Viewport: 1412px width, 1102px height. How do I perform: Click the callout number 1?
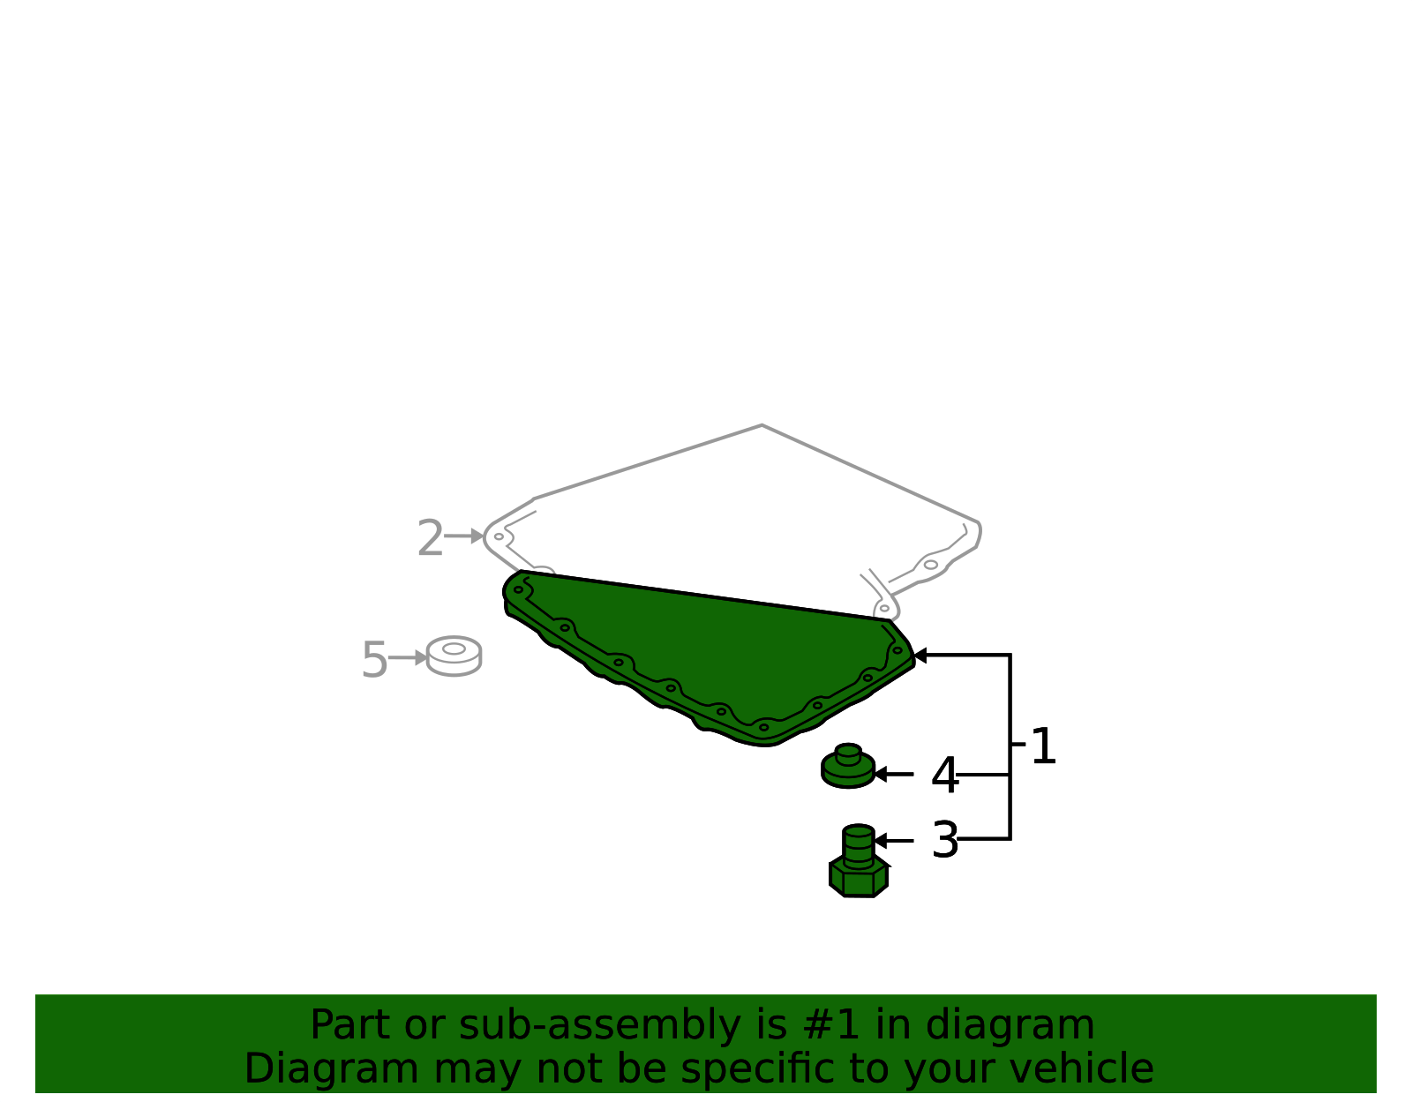tap(1044, 746)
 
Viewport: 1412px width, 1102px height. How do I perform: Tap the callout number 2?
tap(430, 537)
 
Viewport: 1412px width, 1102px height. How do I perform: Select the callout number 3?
tap(945, 840)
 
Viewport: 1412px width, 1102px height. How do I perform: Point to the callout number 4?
tap(945, 776)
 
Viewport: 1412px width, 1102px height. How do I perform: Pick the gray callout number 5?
tap(374, 660)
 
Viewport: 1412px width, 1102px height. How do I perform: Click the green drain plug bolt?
tap(859, 862)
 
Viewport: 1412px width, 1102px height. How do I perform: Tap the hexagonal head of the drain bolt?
tap(859, 878)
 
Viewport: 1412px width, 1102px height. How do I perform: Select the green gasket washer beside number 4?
tap(848, 767)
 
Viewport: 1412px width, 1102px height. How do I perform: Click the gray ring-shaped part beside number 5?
tap(454, 656)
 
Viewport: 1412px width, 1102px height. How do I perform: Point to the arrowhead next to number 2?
tap(477, 536)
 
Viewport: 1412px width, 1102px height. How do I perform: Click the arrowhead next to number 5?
tap(421, 658)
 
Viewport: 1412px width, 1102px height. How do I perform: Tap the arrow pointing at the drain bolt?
tap(894, 841)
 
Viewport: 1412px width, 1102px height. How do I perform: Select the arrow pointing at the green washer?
tap(894, 774)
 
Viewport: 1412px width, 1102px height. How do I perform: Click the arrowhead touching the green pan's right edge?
tap(920, 656)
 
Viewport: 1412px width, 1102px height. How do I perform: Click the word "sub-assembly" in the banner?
tap(600, 1025)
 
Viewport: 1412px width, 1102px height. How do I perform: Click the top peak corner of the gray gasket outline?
tap(762, 425)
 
